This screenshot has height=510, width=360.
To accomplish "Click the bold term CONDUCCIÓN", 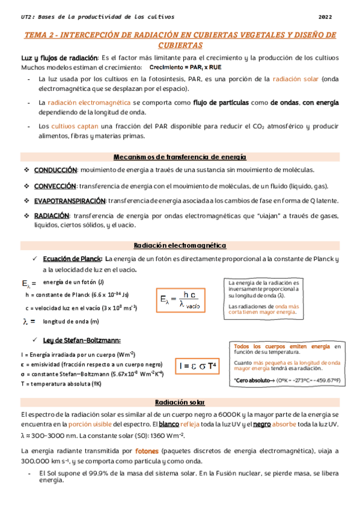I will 55,170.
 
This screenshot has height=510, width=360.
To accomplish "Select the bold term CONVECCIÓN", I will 55,186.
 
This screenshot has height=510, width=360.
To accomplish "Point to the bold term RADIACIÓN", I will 50,215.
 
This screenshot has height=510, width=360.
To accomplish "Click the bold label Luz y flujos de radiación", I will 55,58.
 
